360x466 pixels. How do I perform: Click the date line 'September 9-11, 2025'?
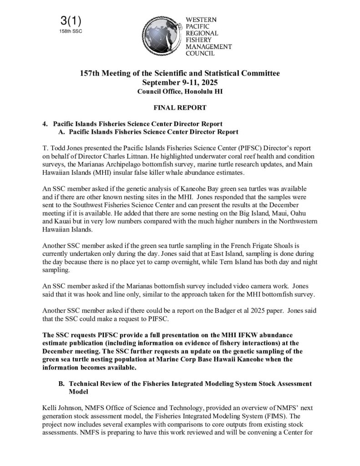(180, 82)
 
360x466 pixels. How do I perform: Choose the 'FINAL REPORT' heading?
(180, 108)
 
